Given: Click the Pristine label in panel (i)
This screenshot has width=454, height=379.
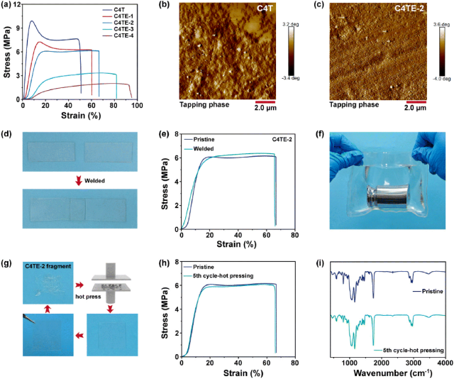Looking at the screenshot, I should pyautogui.click(x=419, y=290).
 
